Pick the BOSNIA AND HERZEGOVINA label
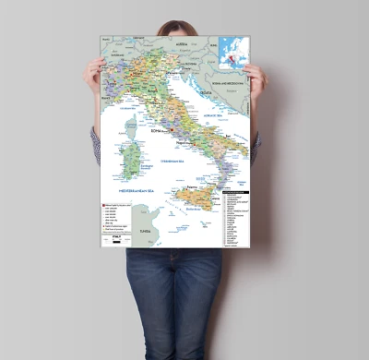(227, 83)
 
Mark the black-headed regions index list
(233, 218)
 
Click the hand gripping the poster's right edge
(255, 79)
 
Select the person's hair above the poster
(176, 27)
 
